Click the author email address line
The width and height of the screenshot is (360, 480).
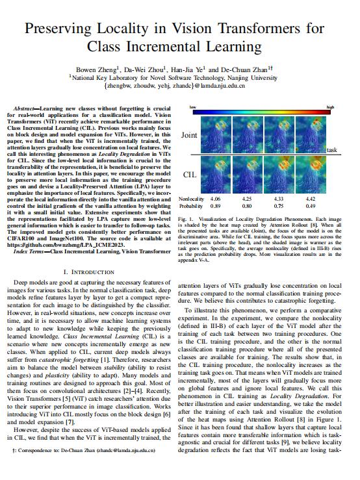pos(179,84)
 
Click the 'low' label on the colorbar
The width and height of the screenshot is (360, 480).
pos(192,107)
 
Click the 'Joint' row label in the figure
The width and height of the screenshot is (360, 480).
pos(190,135)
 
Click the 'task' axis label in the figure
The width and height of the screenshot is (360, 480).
pos(332,149)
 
